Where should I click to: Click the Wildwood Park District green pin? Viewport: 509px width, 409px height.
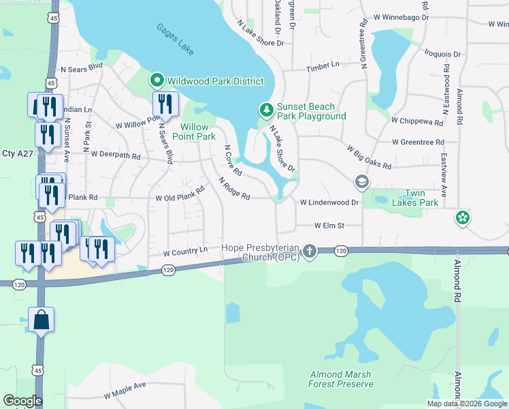pyautogui.click(x=157, y=81)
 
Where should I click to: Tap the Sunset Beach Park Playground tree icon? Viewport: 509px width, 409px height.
pyautogui.click(x=267, y=110)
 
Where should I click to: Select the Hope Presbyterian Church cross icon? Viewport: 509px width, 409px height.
pyautogui.click(x=310, y=252)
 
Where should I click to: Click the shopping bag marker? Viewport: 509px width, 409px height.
pyautogui.click(x=41, y=320)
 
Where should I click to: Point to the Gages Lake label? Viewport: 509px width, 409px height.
pyautogui.click(x=175, y=40)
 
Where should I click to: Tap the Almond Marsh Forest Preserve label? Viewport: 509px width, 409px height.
pyautogui.click(x=341, y=379)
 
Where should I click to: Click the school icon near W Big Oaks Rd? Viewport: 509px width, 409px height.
pyautogui.click(x=361, y=182)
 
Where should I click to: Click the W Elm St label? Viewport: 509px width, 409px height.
pyautogui.click(x=329, y=226)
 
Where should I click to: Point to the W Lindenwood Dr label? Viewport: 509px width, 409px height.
pyautogui.click(x=329, y=202)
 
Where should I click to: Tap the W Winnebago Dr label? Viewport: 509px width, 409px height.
pyautogui.click(x=402, y=16)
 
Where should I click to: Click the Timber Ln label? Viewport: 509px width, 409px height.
pyautogui.click(x=323, y=65)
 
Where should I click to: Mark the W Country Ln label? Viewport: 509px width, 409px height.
pyautogui.click(x=185, y=252)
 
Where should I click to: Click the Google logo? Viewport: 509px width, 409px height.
pyautogui.click(x=22, y=401)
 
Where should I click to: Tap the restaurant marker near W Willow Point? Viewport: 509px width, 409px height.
pyautogui.click(x=165, y=105)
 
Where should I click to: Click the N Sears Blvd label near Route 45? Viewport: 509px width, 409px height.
pyautogui.click(x=82, y=69)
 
